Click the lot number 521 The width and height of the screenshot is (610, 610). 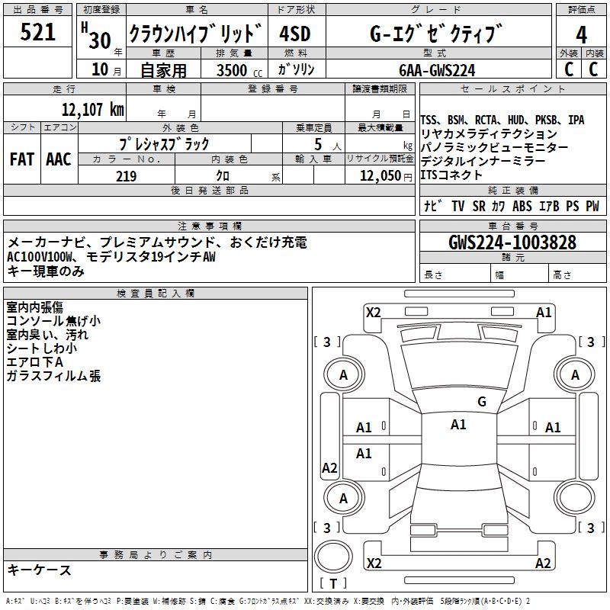point(38,33)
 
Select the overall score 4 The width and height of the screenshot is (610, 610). point(581,35)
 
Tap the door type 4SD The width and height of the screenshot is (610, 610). point(295,34)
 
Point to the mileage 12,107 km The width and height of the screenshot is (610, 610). point(92,109)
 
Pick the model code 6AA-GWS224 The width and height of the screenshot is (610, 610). point(435,70)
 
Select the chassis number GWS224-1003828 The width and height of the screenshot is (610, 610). point(512,242)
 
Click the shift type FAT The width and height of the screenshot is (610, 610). point(21,159)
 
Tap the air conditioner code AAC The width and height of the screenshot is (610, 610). point(59,159)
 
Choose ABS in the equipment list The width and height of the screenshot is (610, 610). point(522,206)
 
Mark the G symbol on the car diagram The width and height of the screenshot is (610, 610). point(481,402)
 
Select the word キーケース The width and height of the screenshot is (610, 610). point(39,570)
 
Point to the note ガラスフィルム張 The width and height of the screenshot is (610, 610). point(53,376)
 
